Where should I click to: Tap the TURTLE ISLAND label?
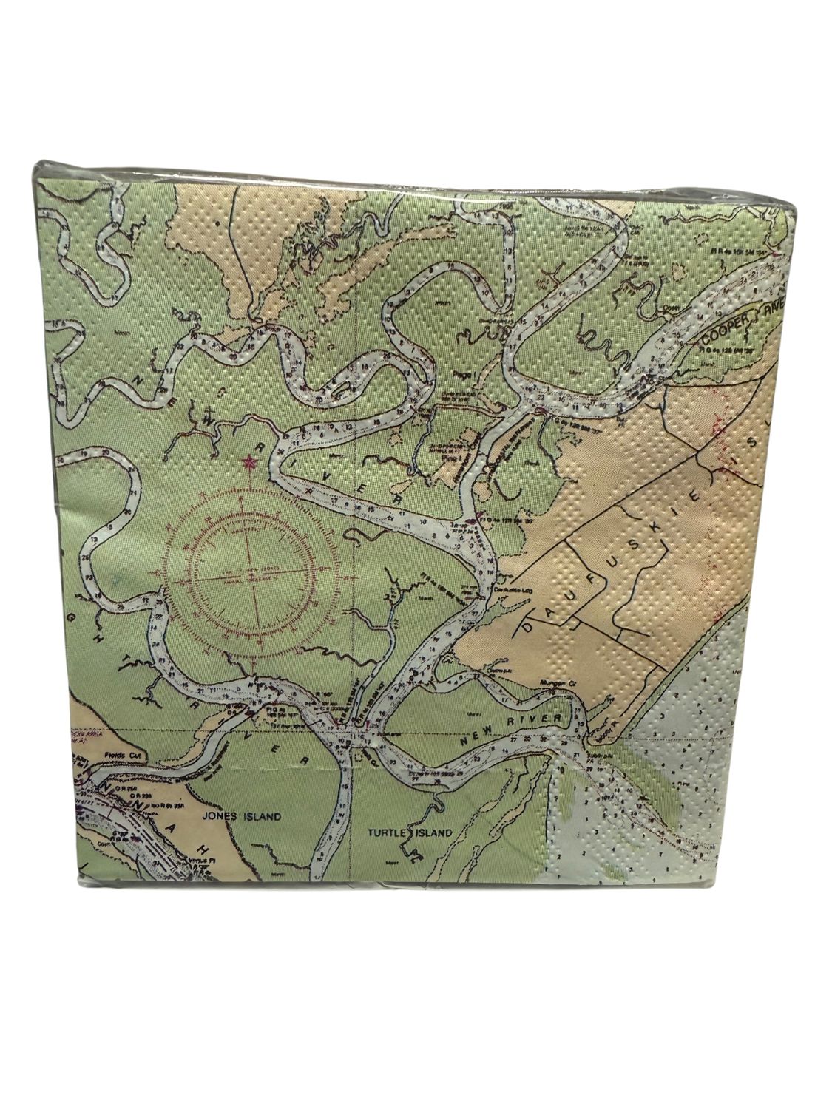point(410,832)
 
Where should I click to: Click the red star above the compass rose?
point(248,464)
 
